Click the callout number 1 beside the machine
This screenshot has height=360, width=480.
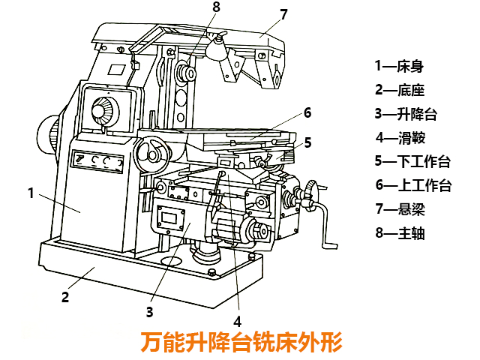coord(30,193)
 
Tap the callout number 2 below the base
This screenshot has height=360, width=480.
coord(65,296)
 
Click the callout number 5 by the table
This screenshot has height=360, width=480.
coord(307,142)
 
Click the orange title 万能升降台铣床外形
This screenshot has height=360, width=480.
coord(241,343)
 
